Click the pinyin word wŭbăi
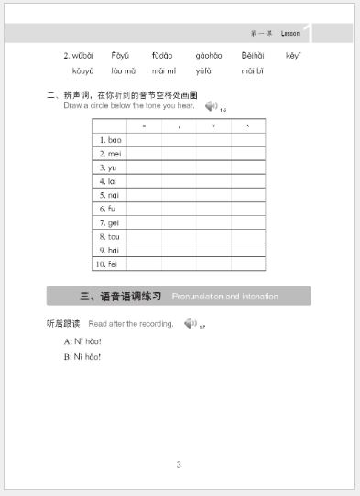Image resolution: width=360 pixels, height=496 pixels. click(82, 56)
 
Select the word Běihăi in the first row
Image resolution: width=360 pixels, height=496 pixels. click(254, 56)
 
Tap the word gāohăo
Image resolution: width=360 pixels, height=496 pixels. click(208, 56)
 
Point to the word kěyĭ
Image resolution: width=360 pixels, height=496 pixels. click(293, 56)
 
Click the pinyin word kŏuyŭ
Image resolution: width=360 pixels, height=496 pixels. click(82, 70)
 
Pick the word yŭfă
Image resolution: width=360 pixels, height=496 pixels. click(203, 70)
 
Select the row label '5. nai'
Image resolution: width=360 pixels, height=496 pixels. click(109, 195)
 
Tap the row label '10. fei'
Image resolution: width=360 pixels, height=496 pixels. click(107, 264)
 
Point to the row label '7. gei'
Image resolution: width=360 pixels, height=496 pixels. click(109, 222)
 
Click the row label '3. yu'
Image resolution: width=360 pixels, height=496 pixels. click(108, 167)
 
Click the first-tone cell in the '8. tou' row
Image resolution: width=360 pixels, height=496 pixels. click(144, 236)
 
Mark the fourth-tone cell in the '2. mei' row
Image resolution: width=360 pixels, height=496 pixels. click(247, 154)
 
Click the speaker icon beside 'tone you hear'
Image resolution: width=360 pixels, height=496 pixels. click(212, 106)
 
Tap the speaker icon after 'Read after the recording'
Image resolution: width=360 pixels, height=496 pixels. click(190, 323)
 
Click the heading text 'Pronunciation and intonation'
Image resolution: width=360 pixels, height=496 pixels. click(224, 297)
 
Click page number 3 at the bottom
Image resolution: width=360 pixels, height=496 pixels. click(179, 464)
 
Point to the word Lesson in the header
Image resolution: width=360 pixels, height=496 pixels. click(290, 34)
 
